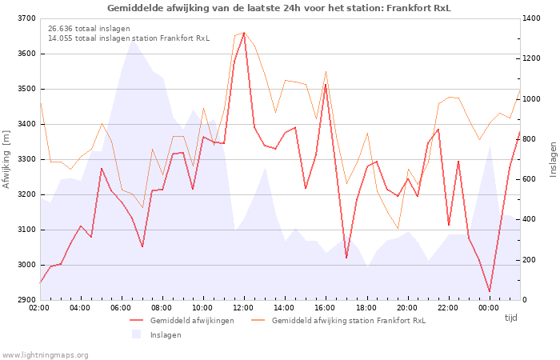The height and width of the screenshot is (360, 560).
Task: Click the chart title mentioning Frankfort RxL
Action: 279,8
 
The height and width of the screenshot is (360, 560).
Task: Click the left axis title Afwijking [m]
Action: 7,160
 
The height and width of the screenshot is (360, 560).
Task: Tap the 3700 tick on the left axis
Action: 26,18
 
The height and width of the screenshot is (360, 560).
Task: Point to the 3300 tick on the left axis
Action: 26,159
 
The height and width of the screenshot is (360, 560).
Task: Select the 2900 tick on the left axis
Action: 26,300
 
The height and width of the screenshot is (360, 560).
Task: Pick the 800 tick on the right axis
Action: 532,139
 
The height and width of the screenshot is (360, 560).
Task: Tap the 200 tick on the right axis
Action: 532,260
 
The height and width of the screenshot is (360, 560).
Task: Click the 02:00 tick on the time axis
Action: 40,307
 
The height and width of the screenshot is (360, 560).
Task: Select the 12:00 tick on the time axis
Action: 244,307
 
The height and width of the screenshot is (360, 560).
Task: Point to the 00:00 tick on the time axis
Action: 489,307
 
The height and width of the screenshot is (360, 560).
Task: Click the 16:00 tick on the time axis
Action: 326,307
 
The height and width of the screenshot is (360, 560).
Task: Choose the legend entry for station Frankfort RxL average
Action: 348,320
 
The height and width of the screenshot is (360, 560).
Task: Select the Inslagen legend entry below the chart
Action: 166,334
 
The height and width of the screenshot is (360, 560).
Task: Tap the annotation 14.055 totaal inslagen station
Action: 128,38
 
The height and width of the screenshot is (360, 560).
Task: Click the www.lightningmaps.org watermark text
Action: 45,354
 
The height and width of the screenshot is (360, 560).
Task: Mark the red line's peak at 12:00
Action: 244,33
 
